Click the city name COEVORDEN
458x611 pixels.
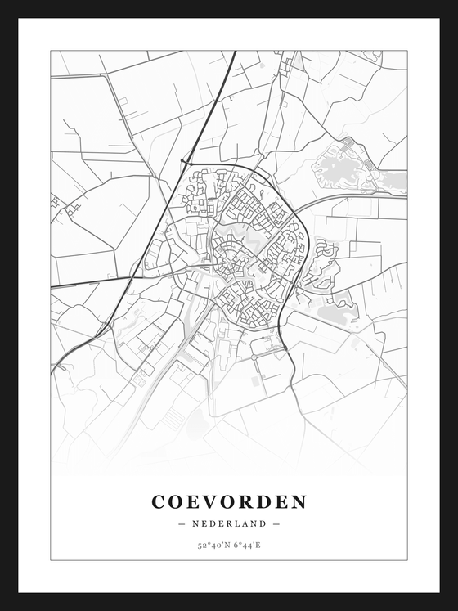point(229,501)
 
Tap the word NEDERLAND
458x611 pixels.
point(229,523)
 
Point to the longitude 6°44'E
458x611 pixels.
point(246,544)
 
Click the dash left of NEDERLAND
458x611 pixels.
point(182,523)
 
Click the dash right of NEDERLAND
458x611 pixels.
point(276,523)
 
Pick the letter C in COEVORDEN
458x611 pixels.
point(158,501)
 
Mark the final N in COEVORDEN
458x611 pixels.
point(299,501)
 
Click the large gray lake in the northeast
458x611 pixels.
point(339,170)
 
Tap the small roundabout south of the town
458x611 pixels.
point(255,355)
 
